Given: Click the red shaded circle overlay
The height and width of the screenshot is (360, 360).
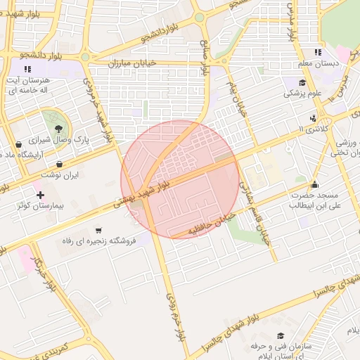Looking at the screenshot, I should point(180,179).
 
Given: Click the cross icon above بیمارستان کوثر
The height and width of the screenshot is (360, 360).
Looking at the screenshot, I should point(40,194).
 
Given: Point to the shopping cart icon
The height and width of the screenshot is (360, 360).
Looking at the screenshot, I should point(98,230).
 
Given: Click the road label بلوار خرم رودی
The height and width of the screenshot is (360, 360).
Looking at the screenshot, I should point(175,314).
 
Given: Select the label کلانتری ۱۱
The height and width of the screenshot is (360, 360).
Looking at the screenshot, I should point(310,129).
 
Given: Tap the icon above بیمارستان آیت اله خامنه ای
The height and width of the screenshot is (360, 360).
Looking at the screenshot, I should point(28,69).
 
